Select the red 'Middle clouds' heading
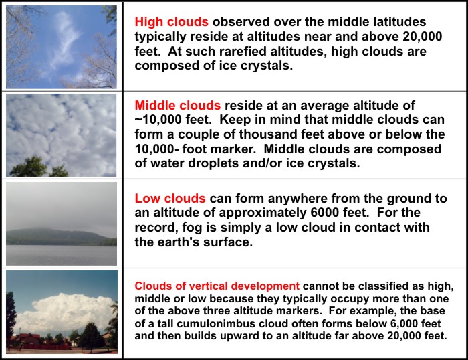(177, 106)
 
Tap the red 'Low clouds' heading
(170, 199)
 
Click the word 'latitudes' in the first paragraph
(406, 22)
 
